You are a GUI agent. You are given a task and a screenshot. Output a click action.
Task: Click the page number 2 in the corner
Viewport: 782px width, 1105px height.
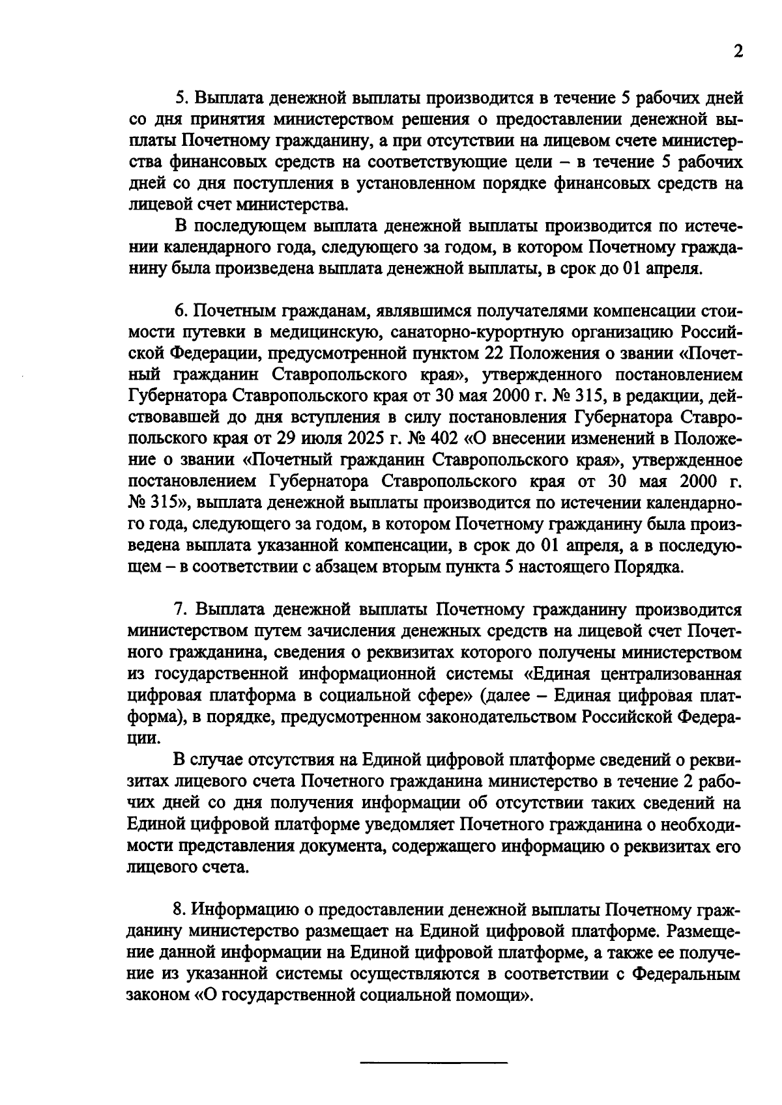(737, 51)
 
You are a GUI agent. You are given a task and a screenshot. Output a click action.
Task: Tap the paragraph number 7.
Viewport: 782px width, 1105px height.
(181, 610)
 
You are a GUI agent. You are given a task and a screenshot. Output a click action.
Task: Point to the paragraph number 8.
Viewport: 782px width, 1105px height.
(182, 910)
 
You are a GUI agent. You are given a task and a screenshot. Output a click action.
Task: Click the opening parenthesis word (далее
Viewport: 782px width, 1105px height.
(502, 695)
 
